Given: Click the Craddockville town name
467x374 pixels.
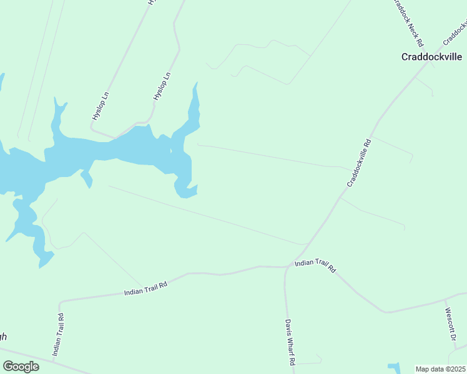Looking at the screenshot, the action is (x=431, y=57).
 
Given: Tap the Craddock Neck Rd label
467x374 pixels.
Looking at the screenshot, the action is (x=407, y=23).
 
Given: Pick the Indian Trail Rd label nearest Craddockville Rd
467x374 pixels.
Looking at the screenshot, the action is (x=315, y=266).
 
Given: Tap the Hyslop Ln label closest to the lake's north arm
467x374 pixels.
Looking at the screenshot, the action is (x=162, y=87).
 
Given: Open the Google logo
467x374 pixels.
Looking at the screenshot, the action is (x=21, y=367).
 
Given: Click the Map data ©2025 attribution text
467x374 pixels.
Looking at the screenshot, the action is (x=441, y=369).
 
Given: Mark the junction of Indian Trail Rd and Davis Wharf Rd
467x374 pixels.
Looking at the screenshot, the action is (x=287, y=267).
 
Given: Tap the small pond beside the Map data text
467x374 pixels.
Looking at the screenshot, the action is (x=395, y=368).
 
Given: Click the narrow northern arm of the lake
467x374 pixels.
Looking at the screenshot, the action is (x=195, y=106).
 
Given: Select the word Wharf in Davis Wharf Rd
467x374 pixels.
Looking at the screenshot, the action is (x=290, y=342).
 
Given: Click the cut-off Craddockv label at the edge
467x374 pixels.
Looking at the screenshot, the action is (x=455, y=33).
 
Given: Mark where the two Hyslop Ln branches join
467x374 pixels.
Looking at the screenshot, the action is (x=114, y=136).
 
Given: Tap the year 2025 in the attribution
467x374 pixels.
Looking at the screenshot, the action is (x=458, y=369).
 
